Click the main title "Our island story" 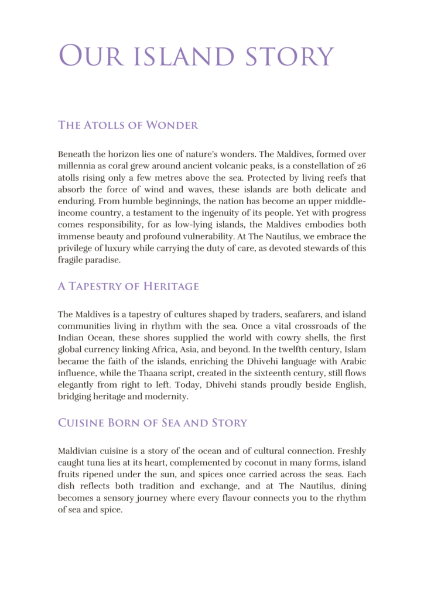click(x=196, y=56)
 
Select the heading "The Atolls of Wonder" click(x=128, y=125)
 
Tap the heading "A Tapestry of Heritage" click(x=128, y=287)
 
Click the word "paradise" click(x=102, y=260)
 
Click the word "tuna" click(x=99, y=463)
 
